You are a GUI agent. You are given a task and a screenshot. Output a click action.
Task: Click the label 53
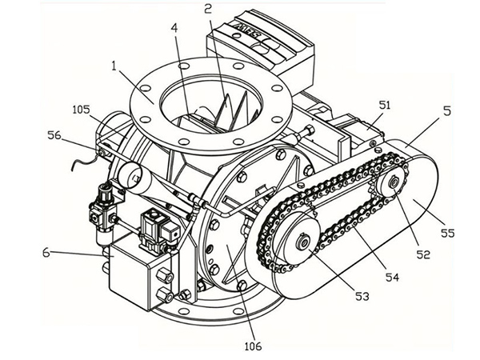[362, 296]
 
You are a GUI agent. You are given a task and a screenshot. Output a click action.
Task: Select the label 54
[393, 276]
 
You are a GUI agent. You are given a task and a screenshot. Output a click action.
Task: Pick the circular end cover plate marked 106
[228, 240]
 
